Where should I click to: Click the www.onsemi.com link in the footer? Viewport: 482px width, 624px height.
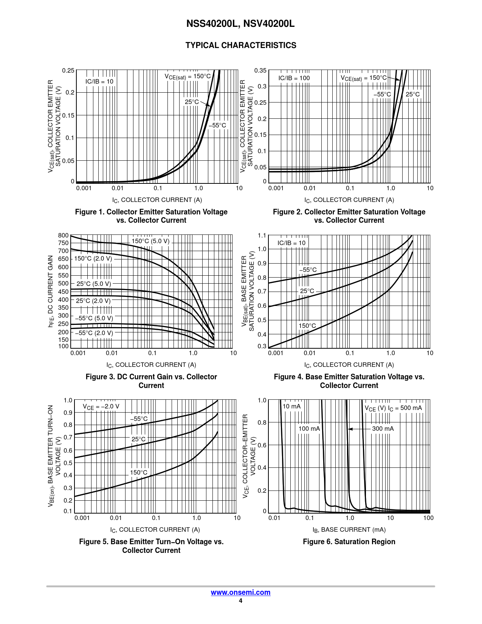coord(240,592)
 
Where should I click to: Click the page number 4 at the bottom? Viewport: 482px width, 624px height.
coord(240,601)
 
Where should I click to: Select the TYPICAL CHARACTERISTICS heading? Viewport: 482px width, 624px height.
coord(241,45)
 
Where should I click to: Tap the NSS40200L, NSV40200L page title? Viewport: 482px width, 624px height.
coord(240,24)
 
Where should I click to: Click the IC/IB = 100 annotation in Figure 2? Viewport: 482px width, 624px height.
coord(294,78)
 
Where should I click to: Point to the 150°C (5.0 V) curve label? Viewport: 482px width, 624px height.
coord(150,241)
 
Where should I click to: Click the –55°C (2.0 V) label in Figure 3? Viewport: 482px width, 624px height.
coord(94,333)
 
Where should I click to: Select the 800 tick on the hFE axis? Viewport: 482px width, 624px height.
coord(64,235)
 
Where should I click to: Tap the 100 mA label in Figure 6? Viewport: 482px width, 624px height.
coord(309,428)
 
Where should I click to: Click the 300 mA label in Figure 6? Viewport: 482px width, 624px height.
coord(383,428)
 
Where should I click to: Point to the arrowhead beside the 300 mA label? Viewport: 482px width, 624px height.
coord(350,429)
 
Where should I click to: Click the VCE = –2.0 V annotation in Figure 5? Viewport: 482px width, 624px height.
coord(101,407)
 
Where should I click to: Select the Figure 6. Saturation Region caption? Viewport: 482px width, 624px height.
coord(349,542)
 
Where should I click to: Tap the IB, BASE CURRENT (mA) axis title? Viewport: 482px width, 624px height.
coord(349,529)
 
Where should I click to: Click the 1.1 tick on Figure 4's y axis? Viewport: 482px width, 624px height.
coord(262,236)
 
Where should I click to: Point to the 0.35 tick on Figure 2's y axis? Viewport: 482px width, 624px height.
coord(260,70)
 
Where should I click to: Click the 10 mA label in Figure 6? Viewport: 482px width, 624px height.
coord(291,407)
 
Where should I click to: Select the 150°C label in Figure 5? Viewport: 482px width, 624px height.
coord(139,472)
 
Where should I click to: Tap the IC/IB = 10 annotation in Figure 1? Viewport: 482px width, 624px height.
coord(99,82)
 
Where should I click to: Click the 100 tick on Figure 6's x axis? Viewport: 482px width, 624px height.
coord(428,518)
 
